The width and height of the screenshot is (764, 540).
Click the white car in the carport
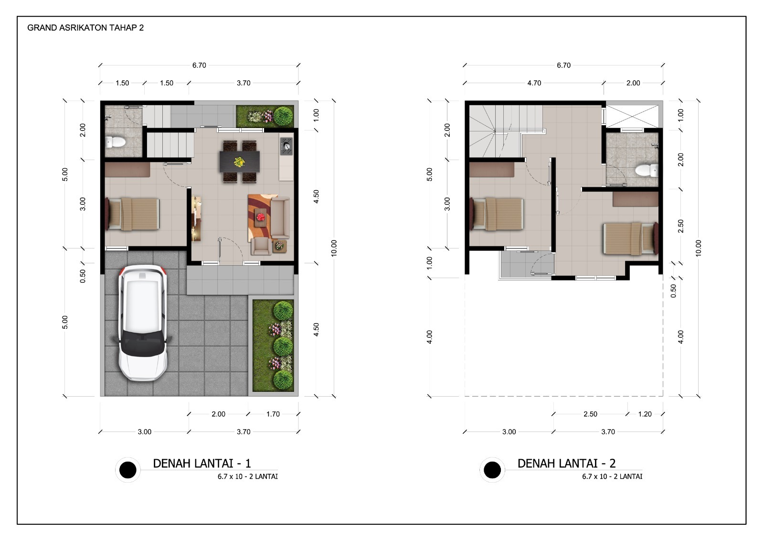pos(143,323)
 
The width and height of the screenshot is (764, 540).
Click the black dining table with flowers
pos(239,162)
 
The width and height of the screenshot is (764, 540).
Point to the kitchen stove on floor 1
pos(286,146)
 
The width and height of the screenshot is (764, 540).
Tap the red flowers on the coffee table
pos(261,216)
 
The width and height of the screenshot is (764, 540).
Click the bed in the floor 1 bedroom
pos(132,214)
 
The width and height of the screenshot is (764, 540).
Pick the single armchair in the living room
pos(261,246)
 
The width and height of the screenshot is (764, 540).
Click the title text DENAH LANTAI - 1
pos(202,463)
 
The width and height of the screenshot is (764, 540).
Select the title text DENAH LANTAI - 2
pos(566,463)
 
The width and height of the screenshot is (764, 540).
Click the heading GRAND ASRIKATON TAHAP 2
pos(85,28)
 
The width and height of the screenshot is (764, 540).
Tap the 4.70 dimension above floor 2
pos(534,83)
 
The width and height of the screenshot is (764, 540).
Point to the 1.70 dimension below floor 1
pos(273,414)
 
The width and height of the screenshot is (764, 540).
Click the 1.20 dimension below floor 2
pos(645,414)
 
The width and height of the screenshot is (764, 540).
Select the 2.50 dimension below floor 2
pos(590,414)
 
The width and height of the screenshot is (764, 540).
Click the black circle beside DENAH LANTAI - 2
pos(492,470)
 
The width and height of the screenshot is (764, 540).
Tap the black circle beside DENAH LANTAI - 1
pos(128,470)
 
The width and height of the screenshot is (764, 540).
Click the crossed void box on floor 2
pos(632,117)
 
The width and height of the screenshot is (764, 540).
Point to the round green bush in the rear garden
pos(284,116)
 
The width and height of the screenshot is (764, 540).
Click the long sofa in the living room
pos(280,217)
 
